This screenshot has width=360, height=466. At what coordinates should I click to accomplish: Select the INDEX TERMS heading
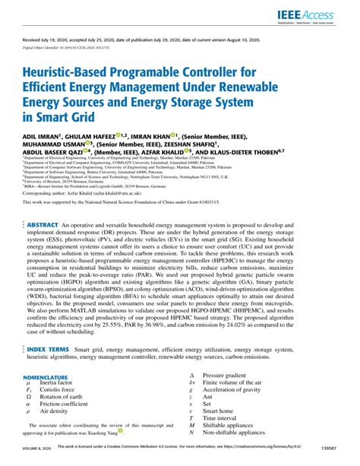pos(52,349)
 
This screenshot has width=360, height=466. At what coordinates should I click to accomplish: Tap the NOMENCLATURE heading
pos(48,377)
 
